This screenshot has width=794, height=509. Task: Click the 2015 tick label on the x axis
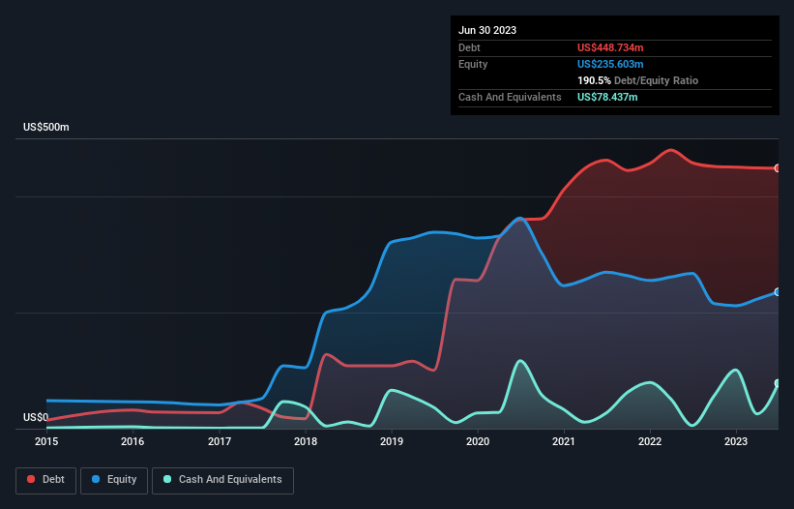click(x=46, y=441)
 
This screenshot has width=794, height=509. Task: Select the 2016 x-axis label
click(x=132, y=441)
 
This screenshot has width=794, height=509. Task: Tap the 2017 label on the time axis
click(x=220, y=441)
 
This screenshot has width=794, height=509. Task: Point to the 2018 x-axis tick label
click(x=306, y=441)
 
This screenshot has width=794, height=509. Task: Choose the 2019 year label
click(x=392, y=441)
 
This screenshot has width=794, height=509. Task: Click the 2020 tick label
click(x=478, y=441)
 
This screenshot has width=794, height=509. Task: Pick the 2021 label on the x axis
click(x=564, y=441)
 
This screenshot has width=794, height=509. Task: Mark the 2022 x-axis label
click(x=650, y=441)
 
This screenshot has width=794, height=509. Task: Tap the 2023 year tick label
click(x=736, y=441)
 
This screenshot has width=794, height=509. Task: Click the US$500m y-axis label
click(x=47, y=128)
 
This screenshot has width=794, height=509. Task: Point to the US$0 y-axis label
click(x=36, y=418)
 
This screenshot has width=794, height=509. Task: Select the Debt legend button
click(x=44, y=480)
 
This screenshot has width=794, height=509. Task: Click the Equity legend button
click(x=115, y=480)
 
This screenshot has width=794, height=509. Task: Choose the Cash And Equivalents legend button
click(x=222, y=480)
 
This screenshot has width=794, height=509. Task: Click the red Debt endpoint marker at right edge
click(x=778, y=168)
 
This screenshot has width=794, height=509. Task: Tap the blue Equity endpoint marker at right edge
click(x=778, y=292)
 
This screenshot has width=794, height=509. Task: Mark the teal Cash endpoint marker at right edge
click(x=778, y=384)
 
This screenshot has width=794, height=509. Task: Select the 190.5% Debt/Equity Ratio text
click(x=637, y=80)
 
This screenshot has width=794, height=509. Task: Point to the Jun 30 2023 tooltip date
click(x=487, y=30)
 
